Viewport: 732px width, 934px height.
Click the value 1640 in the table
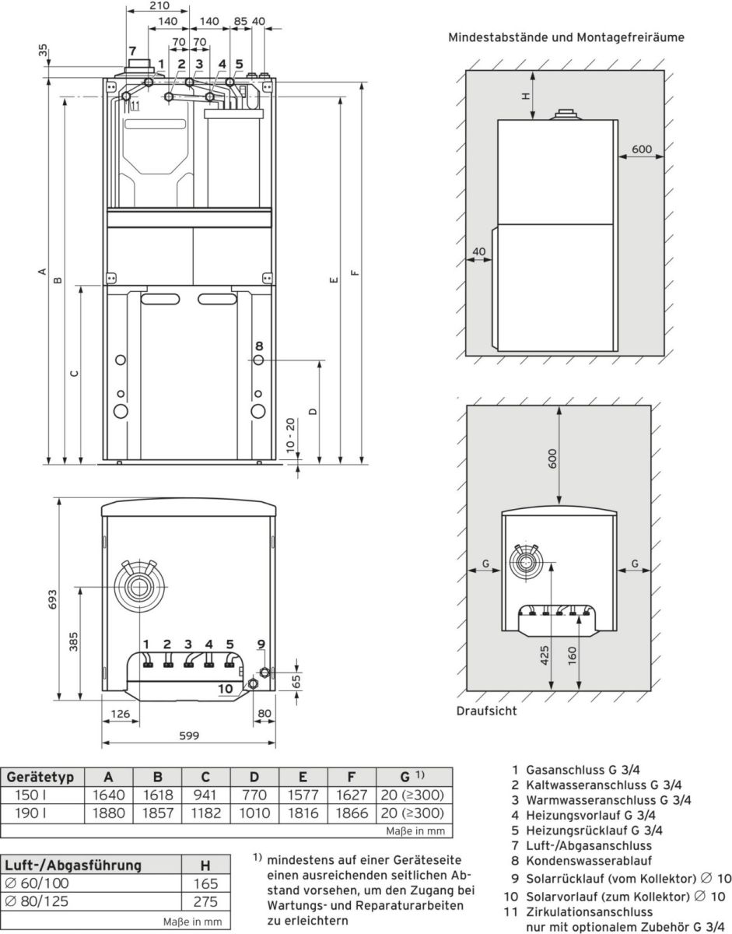pyautogui.click(x=108, y=795)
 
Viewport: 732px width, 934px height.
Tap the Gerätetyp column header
pyautogui.click(x=40, y=778)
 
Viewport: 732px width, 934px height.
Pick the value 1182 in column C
pyautogui.click(x=205, y=813)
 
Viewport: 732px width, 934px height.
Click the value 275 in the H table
pyautogui.click(x=205, y=902)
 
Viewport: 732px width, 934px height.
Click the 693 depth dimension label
pyautogui.click(x=52, y=600)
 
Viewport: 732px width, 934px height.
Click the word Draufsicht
pyautogui.click(x=486, y=710)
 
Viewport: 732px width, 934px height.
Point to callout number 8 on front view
pyautogui.click(x=259, y=345)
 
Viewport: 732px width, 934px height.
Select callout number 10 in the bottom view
pyautogui.click(x=225, y=688)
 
